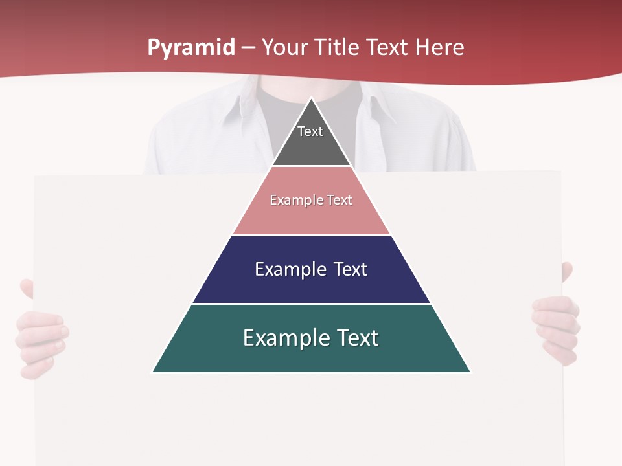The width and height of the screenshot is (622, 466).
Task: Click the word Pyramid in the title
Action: (191, 48)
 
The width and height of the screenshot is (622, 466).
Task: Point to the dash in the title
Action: (248, 48)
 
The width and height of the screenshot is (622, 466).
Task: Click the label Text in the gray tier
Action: (310, 131)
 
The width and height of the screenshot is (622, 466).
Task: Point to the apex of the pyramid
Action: (312, 99)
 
